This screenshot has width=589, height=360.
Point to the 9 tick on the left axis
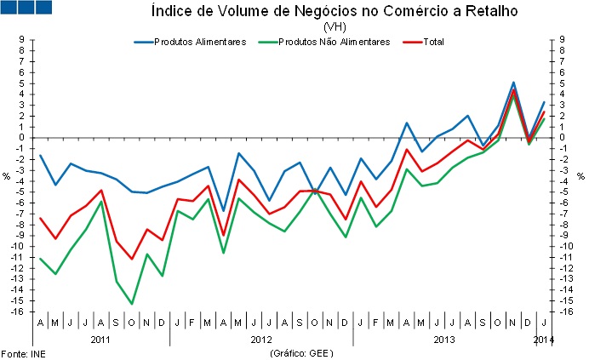pos(20,38)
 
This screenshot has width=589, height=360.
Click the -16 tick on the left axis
pos(17,311)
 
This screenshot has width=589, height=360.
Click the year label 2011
pos(100,340)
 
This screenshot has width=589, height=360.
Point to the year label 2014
pos(544,340)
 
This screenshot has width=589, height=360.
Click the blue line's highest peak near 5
pos(513,83)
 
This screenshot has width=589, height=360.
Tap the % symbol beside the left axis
pos(6,176)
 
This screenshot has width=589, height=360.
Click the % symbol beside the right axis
pos(580,176)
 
